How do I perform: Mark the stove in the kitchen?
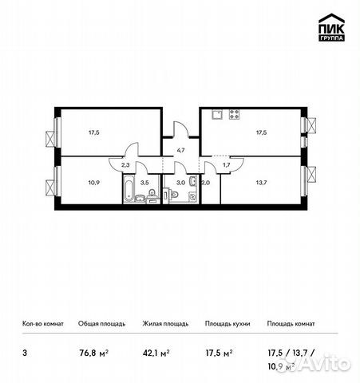(x=235, y=115)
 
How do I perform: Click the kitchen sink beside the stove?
(x=216, y=115)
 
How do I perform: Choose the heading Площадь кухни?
(x=227, y=324)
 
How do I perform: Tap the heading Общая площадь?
(x=100, y=324)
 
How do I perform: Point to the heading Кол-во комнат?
(x=39, y=324)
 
